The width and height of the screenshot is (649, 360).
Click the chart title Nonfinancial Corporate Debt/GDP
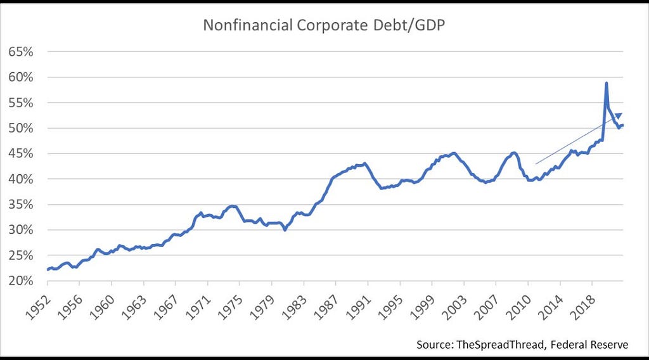coord(324,25)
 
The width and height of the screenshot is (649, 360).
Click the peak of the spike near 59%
coord(607,83)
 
